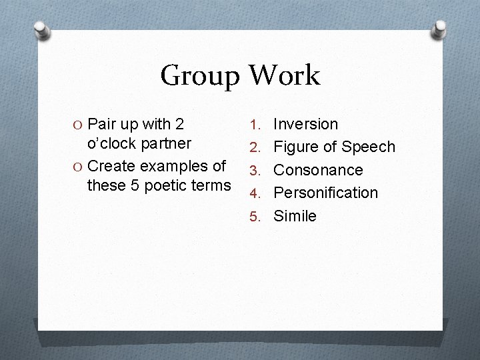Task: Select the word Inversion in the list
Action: [306, 124]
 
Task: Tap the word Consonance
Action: [318, 170]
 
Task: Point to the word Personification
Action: [325, 193]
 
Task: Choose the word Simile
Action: [295, 216]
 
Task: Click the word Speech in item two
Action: [369, 147]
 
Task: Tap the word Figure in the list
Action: [295, 147]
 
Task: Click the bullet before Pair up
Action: [79, 125]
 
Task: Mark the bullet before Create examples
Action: [79, 166]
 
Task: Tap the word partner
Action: [167, 143]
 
